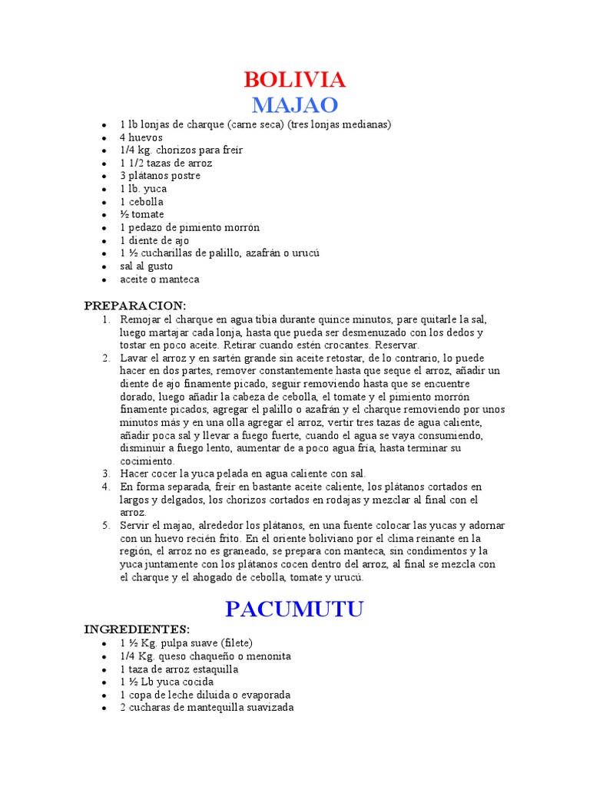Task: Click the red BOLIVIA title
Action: click(294, 80)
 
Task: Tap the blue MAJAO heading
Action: click(294, 105)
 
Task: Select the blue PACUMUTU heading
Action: click(294, 609)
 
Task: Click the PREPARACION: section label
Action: click(135, 305)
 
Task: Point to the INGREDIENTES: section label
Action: click(137, 629)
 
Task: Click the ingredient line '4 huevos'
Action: click(141, 137)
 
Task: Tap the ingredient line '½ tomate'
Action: click(142, 215)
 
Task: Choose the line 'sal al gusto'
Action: click(146, 266)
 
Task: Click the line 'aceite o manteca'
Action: click(159, 279)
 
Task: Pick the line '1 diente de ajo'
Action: click(154, 240)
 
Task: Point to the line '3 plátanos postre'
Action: click(160, 176)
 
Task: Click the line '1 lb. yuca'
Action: click(143, 189)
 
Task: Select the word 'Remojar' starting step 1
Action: click(139, 319)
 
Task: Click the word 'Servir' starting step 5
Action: click(134, 526)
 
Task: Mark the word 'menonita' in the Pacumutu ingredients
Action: click(270, 656)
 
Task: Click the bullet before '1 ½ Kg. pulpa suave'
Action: click(104, 643)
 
